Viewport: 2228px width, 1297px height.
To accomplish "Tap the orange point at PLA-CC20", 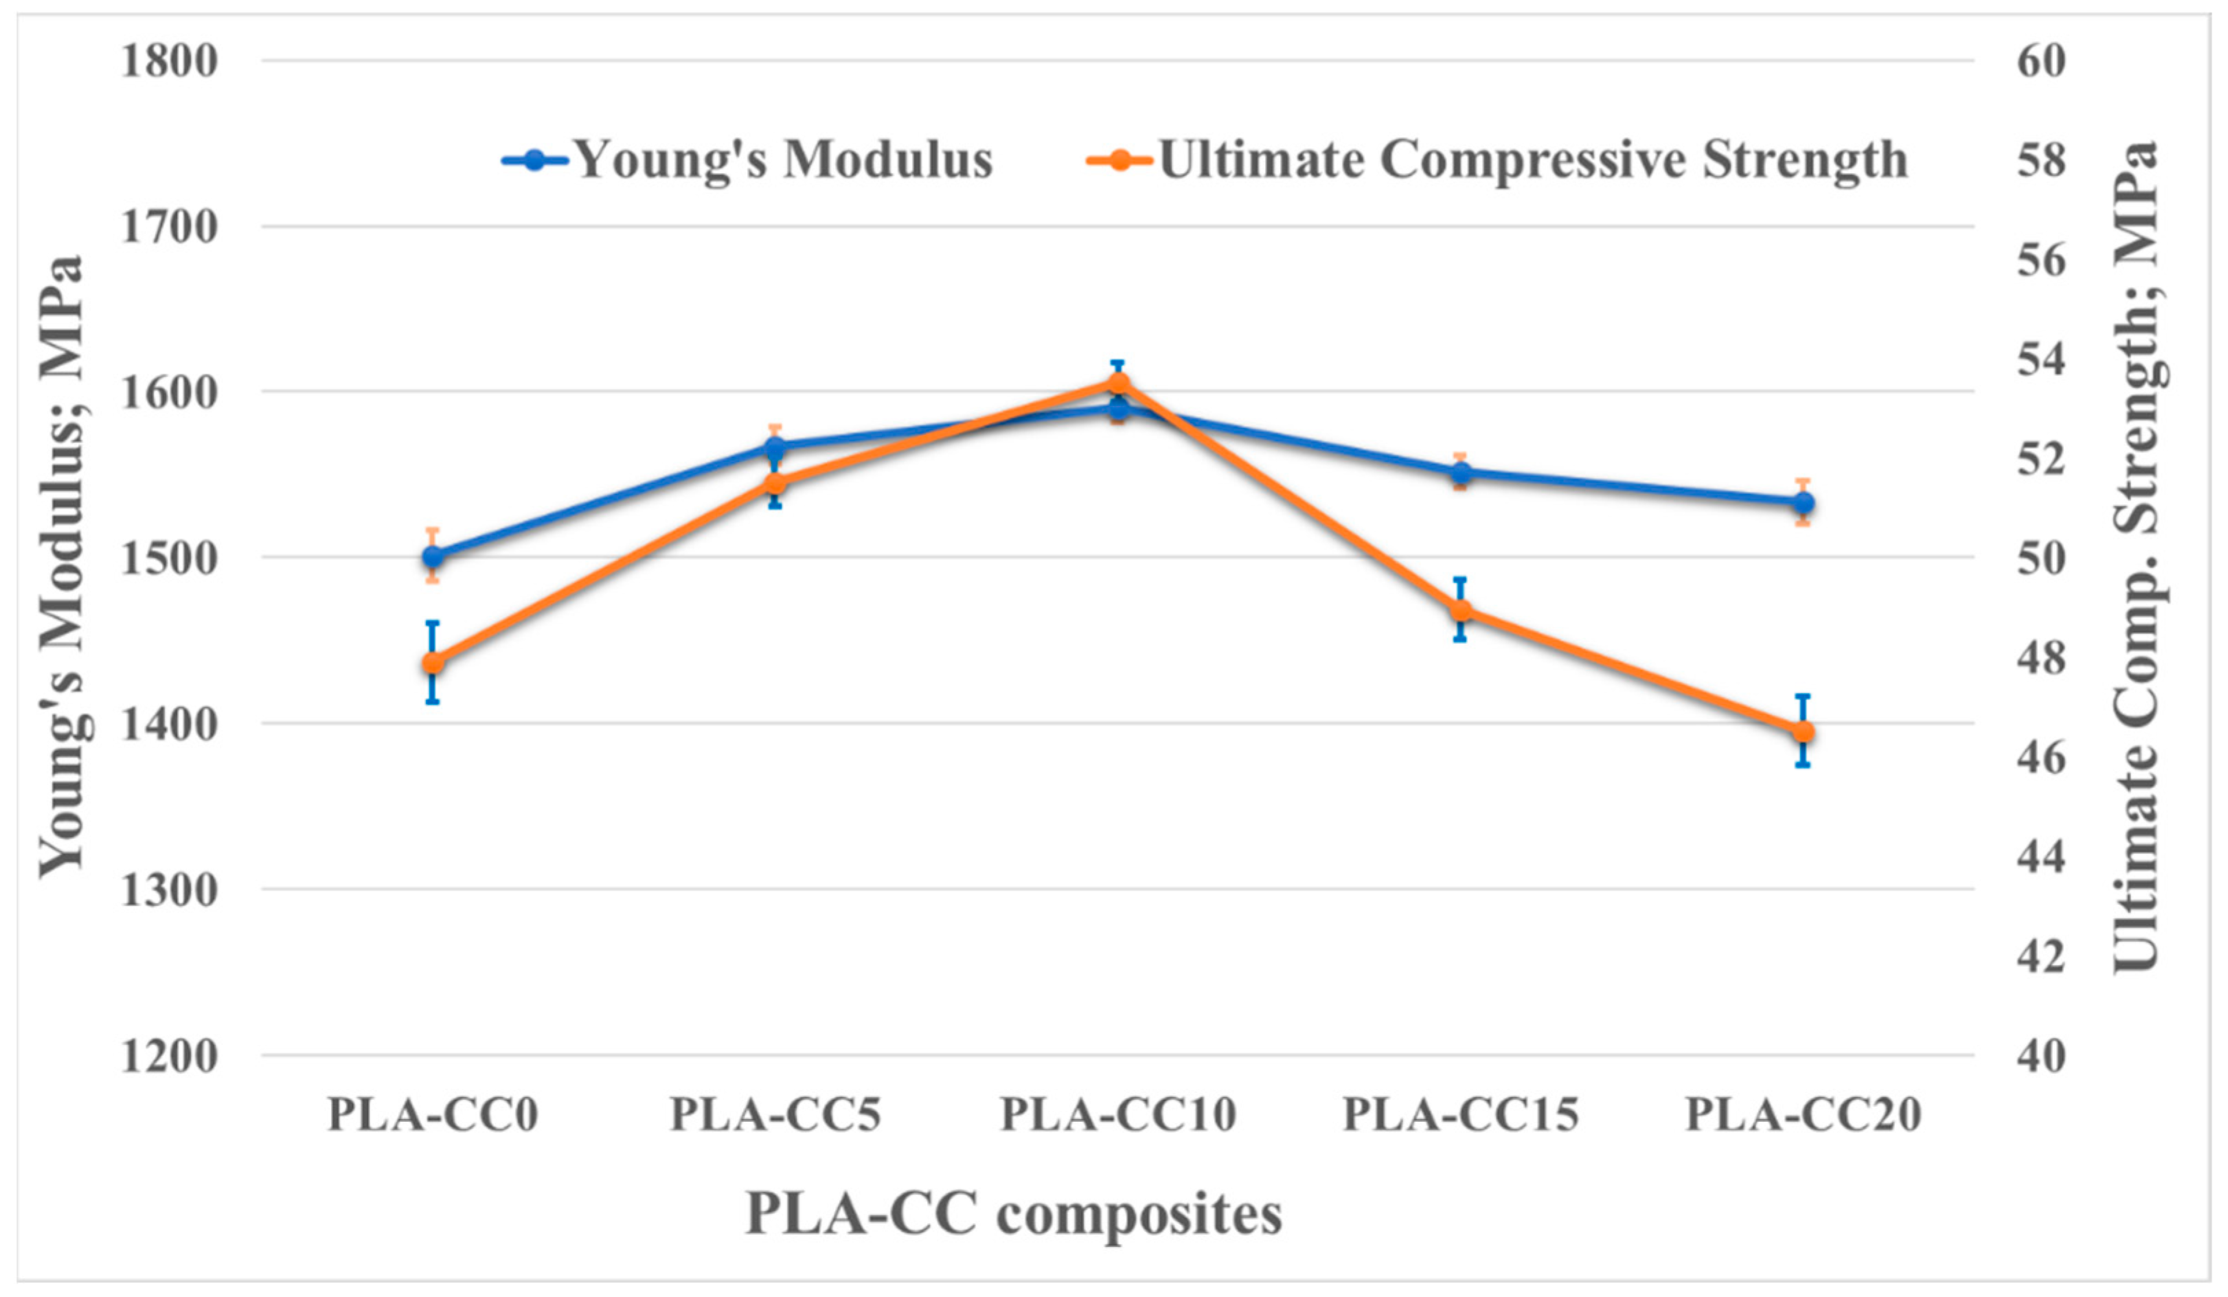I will [x=1804, y=731].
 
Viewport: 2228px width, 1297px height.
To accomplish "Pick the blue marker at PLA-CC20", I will [x=1804, y=503].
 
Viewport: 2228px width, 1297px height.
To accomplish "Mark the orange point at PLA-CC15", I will [x=1462, y=611].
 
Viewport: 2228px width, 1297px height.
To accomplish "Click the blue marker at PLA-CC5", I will [x=775, y=447].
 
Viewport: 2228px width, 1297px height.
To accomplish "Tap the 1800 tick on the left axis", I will [x=169, y=62].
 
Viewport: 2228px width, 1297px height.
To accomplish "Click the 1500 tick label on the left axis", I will [x=169, y=559].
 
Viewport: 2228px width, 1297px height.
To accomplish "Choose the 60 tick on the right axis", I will [x=2041, y=62].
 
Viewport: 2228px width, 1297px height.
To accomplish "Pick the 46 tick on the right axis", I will [x=2041, y=758].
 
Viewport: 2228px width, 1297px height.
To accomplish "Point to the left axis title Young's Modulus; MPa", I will [x=62, y=566].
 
